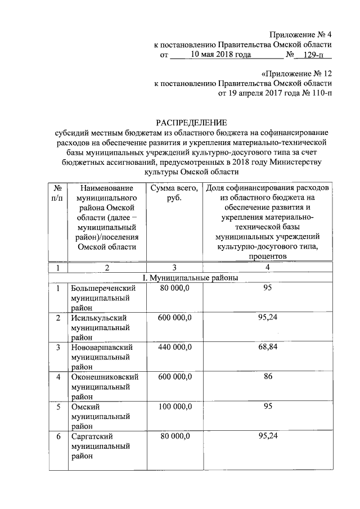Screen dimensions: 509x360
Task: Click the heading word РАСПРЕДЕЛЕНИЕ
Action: pos(191,122)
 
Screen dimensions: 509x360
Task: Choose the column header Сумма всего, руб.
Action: pos(174,193)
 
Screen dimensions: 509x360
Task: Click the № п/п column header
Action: pos(56,193)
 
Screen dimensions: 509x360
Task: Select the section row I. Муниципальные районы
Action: pos(191,278)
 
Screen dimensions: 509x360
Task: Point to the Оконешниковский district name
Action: pos(105,376)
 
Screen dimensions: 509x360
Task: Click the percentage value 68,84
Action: pos(268,347)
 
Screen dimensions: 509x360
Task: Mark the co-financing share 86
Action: pos(268,376)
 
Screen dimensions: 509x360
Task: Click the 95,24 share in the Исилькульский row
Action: pos(268,318)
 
